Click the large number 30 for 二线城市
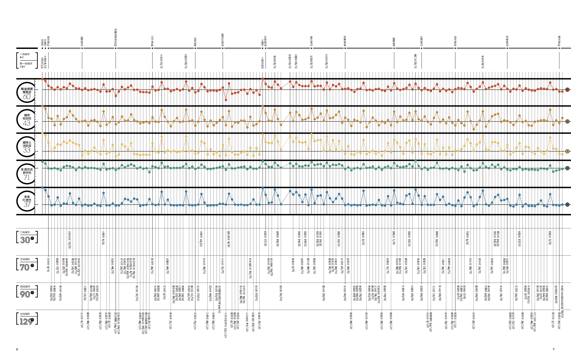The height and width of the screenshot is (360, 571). [x=25, y=240]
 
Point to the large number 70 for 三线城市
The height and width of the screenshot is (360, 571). [x=25, y=267]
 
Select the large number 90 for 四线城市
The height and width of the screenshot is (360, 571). [x=25, y=294]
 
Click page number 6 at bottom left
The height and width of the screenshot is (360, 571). [x=17, y=349]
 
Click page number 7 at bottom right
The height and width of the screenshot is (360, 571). [x=553, y=349]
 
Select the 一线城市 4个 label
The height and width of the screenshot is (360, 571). [x=24, y=56]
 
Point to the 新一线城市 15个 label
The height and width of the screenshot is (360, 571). [x=26, y=65]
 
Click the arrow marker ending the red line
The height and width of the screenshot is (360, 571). [x=567, y=90]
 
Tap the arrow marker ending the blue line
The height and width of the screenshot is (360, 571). [x=567, y=205]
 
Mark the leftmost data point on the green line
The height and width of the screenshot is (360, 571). [x=42, y=162]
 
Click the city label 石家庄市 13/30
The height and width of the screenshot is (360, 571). [x=69, y=240]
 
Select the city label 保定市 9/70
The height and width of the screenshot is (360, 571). [x=48, y=264]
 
